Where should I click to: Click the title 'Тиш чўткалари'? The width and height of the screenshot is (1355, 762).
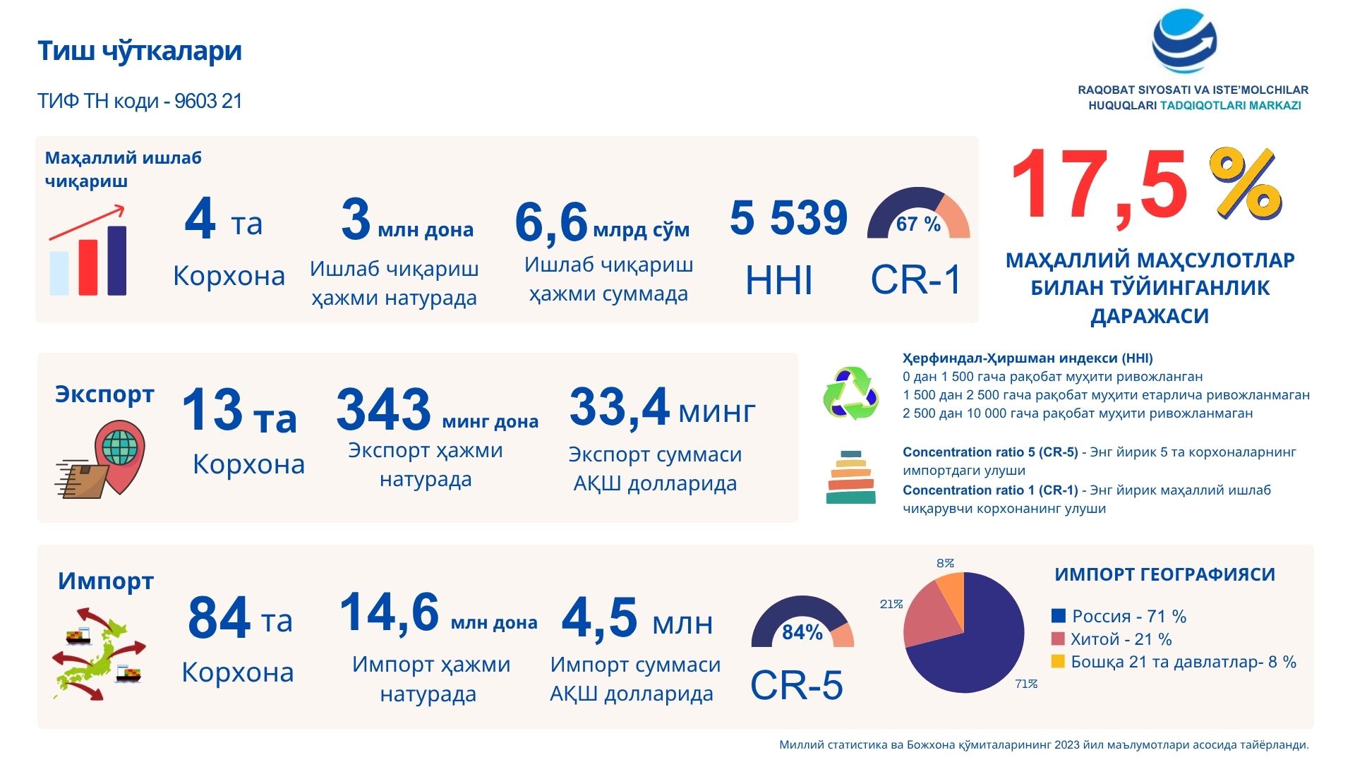point(140,52)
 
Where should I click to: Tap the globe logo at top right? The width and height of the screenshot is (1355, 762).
point(1184,41)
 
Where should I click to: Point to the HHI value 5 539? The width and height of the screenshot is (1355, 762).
point(788,217)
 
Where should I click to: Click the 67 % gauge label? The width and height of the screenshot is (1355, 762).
point(918,224)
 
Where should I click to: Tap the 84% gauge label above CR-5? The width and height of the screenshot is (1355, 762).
point(802,632)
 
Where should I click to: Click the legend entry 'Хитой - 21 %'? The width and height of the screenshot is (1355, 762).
point(1112,639)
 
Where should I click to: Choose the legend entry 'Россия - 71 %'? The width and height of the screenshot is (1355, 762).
point(1119,616)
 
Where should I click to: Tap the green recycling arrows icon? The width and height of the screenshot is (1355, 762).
point(851,393)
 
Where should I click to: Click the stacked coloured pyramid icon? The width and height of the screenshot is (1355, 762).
point(850,478)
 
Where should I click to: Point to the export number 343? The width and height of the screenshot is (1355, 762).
point(383,409)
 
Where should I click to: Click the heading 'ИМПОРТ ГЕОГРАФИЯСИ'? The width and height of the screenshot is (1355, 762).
point(1164,575)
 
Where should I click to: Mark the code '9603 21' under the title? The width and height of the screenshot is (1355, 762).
point(208,102)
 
